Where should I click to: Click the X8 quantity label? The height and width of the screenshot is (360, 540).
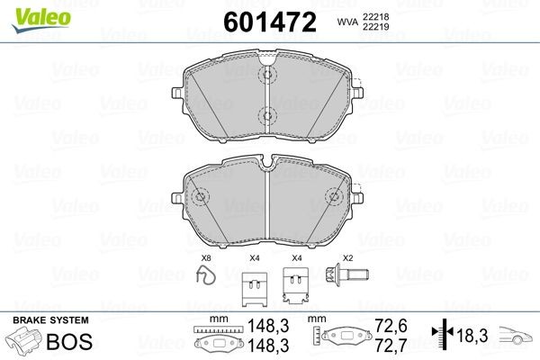[x=205, y=260]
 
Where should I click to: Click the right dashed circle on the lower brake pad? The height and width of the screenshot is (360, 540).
[x=335, y=196]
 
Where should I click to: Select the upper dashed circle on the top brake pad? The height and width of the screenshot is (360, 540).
[x=267, y=76]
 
